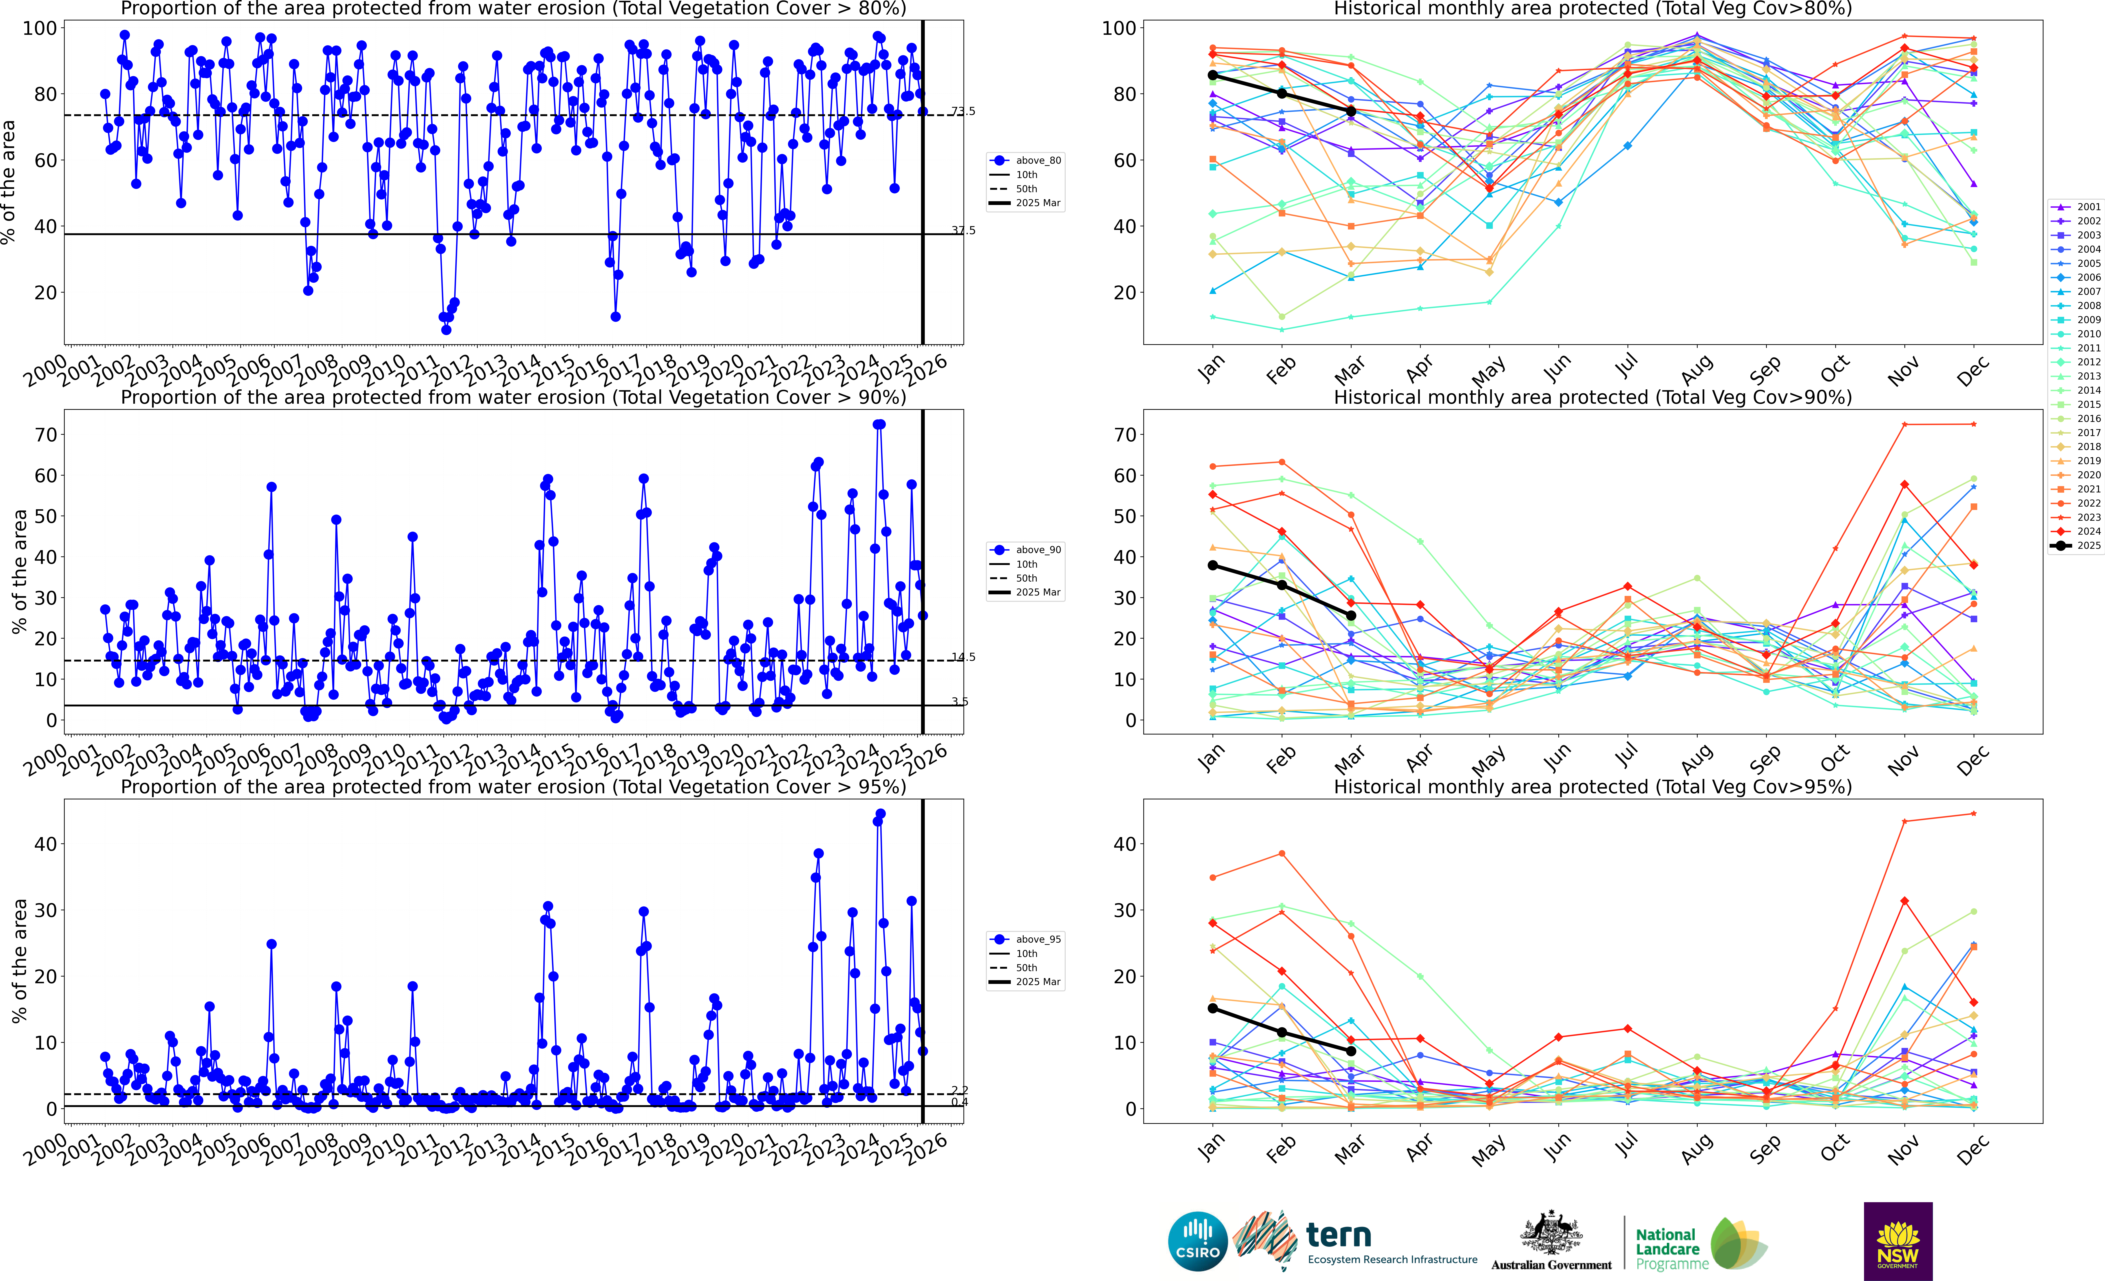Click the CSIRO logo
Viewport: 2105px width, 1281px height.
(x=1198, y=1241)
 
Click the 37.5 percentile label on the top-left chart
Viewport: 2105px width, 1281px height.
(x=964, y=231)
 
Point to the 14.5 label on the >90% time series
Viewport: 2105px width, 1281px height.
(x=964, y=657)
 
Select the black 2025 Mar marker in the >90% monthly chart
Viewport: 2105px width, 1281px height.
(x=1351, y=615)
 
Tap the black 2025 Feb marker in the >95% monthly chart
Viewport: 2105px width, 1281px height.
(x=1281, y=1032)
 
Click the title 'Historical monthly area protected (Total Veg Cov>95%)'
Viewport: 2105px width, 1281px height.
(x=1593, y=787)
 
